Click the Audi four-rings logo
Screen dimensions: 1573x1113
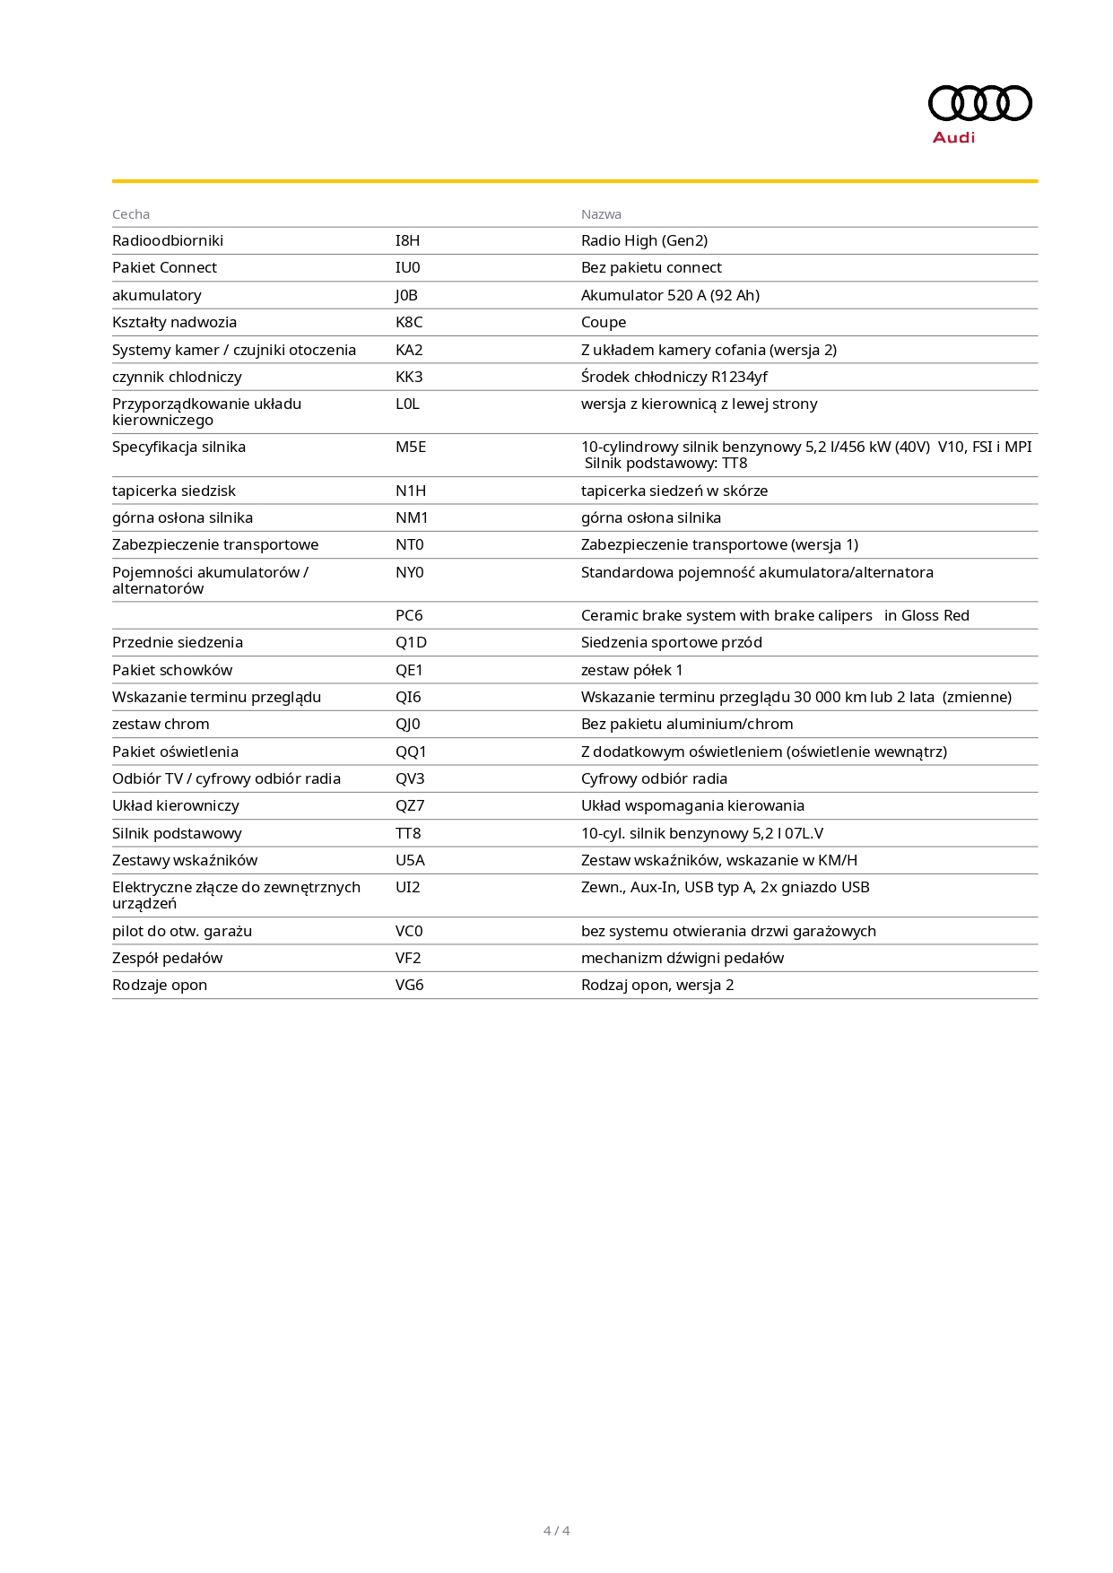click(979, 103)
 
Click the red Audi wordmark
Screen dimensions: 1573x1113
click(953, 137)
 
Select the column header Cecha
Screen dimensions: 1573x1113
click(131, 214)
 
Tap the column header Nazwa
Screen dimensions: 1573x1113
click(601, 214)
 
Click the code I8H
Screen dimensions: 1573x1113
click(407, 240)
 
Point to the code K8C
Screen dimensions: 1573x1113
click(409, 322)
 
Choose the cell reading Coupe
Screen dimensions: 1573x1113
click(604, 322)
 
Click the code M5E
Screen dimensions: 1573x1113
click(411, 447)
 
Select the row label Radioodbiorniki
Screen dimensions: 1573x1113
click(168, 240)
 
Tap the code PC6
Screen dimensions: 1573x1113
click(409, 615)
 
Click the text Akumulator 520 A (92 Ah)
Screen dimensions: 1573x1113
click(670, 295)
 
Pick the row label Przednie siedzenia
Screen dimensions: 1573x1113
click(178, 642)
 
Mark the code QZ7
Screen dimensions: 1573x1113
click(410, 805)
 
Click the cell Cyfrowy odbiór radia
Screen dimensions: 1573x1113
click(654, 778)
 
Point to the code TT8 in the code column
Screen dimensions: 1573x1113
click(408, 833)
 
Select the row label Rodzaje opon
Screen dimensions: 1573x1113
click(160, 985)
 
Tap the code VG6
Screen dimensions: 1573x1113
click(410, 985)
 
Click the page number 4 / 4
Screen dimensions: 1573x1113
click(556, 1531)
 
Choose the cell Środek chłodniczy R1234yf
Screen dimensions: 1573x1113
click(674, 377)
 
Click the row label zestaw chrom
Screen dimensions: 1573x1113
click(161, 724)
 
